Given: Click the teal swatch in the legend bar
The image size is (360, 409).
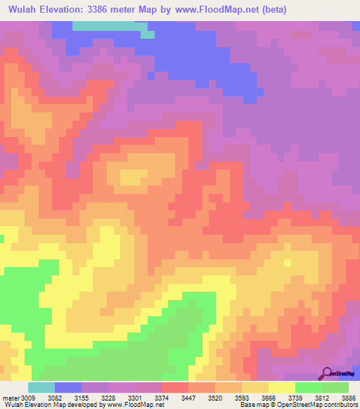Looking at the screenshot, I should [41, 387].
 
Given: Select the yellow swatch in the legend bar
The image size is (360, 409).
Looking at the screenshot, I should [282, 387].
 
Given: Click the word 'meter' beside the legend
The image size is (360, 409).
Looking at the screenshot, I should [10, 398].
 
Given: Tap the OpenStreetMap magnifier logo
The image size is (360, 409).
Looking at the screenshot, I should [328, 372].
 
